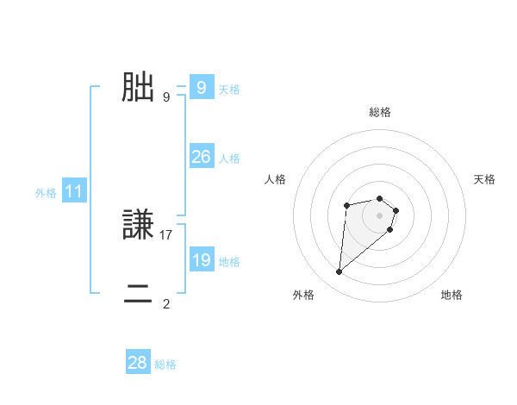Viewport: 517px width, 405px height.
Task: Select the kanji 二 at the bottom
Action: click(x=138, y=296)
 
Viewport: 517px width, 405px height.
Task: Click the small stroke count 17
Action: click(x=166, y=234)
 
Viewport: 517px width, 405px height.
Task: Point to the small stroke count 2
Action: click(x=166, y=303)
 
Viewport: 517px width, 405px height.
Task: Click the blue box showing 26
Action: click(x=201, y=156)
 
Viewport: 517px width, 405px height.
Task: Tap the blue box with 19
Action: click(x=201, y=259)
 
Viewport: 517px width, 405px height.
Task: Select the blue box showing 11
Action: click(x=73, y=191)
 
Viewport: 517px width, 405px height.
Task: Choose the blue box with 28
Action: click(x=137, y=363)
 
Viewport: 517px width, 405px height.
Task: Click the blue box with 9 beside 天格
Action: click(x=201, y=87)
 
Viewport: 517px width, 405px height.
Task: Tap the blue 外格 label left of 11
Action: click(x=46, y=193)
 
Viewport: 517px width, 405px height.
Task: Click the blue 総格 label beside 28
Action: click(x=165, y=364)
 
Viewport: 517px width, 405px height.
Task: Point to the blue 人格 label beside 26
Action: click(x=229, y=159)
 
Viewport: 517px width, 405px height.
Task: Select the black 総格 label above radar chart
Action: click(x=380, y=112)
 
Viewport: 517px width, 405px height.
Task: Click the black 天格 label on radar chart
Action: click(x=485, y=179)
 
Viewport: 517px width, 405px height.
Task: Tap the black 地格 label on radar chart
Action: click(x=452, y=295)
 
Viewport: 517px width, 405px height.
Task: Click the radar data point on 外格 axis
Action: click(x=339, y=272)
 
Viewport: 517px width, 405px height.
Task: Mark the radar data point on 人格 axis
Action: click(x=346, y=205)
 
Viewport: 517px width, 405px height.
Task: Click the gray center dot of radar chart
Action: click(x=380, y=215)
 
